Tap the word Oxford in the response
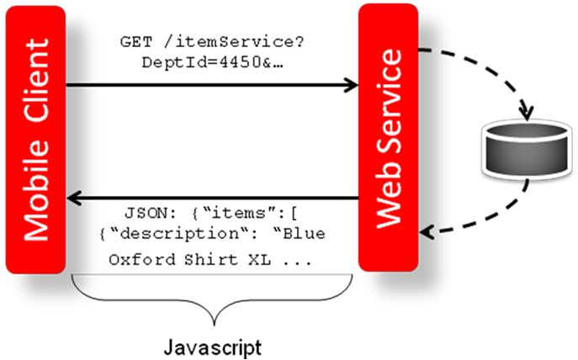click(137, 259)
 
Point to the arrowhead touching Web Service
click(352, 84)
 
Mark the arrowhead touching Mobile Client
click(73, 199)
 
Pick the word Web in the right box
click(388, 208)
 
